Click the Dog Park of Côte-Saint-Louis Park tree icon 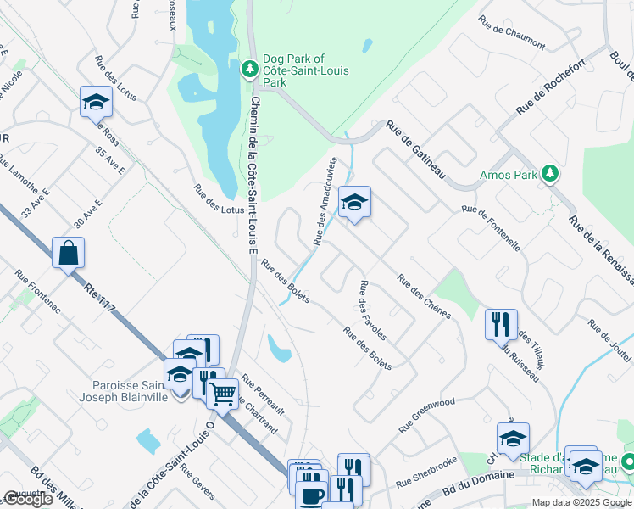pyautogui.click(x=249, y=68)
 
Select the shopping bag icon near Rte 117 pyautogui.click(x=68, y=253)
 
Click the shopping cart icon pyautogui.click(x=222, y=393)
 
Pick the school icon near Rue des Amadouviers pyautogui.click(x=354, y=202)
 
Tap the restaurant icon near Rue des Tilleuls pyautogui.click(x=500, y=323)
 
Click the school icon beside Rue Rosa pyautogui.click(x=96, y=102)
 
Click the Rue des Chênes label pyautogui.click(x=423, y=294)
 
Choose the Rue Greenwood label pyautogui.click(x=428, y=406)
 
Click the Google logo pyautogui.click(x=28, y=499)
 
